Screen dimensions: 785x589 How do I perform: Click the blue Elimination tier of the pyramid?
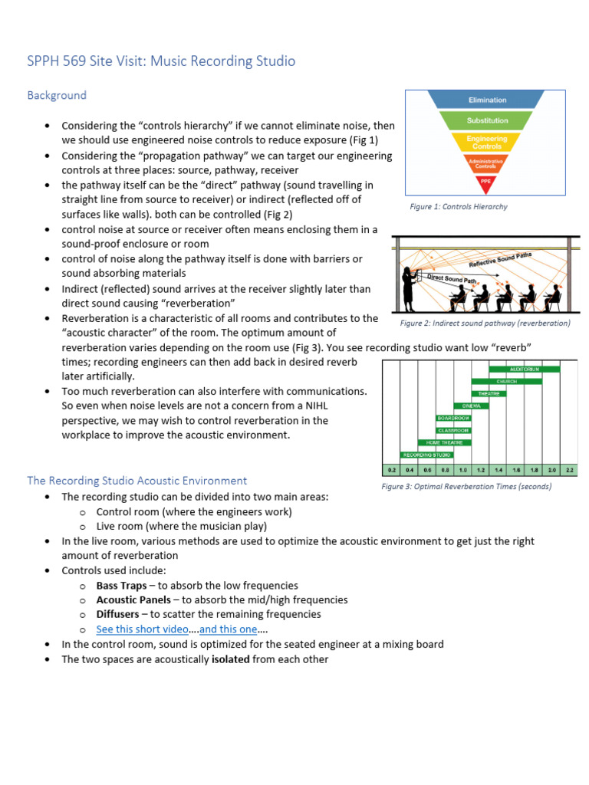pos(488,100)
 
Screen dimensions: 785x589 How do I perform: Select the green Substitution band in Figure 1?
pos(488,121)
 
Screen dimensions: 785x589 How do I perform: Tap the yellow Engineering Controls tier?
pos(488,143)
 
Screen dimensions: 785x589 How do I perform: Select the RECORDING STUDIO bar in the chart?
pos(427,455)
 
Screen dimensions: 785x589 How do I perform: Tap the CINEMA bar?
pos(471,406)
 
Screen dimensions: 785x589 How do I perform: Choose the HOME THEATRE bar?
pos(444,442)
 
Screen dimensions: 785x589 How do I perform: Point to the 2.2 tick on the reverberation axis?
pos(568,469)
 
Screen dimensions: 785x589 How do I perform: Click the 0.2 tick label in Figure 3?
pos(391,469)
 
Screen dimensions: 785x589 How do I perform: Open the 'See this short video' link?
pos(142,629)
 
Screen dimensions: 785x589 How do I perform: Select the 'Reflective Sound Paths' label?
pos(499,258)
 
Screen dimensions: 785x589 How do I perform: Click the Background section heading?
pos(57,96)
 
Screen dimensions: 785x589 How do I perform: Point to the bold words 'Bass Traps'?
pos(121,586)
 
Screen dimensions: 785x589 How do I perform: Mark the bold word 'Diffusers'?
pos(118,615)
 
